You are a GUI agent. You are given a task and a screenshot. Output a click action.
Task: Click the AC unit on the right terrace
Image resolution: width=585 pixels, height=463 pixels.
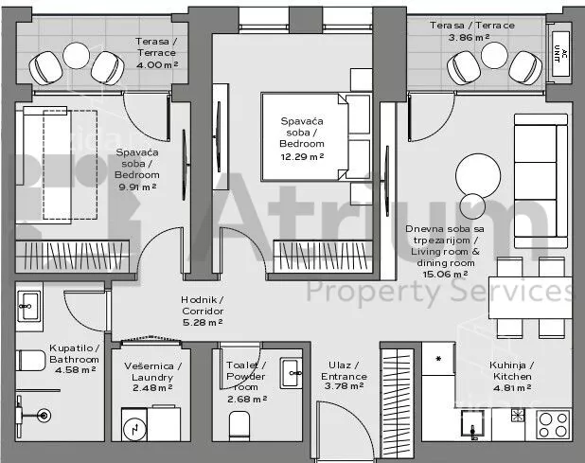[560, 54]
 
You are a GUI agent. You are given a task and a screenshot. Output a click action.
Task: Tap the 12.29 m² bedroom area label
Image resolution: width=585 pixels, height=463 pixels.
[302, 156]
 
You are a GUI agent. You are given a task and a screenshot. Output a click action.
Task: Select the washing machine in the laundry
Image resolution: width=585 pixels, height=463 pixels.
[134, 424]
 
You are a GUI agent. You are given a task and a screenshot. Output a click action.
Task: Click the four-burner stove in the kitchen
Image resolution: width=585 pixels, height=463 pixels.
[553, 424]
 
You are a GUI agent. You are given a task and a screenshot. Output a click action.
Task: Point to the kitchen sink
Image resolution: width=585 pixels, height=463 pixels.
[472, 423]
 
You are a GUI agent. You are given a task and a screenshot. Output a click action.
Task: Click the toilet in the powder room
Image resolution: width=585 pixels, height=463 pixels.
[239, 426]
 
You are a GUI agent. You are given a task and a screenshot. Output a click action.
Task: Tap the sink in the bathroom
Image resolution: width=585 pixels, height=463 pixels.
[29, 307]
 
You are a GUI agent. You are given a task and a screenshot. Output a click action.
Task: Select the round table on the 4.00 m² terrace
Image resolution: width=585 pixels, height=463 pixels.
[76, 56]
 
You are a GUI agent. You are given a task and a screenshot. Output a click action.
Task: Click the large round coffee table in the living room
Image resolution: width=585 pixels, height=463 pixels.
[478, 176]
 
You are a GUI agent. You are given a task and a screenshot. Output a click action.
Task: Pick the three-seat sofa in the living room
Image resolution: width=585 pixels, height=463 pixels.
[541, 181]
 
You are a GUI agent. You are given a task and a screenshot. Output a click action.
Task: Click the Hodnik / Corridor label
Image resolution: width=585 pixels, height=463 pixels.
[203, 305]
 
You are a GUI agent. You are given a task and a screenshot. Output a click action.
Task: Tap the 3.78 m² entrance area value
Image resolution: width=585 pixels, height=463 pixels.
[344, 386]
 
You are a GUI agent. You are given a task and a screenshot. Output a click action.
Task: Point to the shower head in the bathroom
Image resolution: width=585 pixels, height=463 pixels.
[44, 415]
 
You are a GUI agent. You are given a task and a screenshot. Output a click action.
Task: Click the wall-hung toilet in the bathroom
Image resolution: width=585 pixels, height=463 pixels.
[30, 361]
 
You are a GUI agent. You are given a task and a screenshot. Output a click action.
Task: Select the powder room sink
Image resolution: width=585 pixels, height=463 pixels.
[292, 373]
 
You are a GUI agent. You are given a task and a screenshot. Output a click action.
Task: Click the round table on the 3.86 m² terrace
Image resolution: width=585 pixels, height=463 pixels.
[495, 55]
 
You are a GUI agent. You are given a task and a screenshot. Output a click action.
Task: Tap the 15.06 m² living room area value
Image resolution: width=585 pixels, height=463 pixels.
[446, 275]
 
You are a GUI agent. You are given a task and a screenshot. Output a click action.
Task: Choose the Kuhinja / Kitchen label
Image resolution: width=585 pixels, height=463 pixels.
[512, 370]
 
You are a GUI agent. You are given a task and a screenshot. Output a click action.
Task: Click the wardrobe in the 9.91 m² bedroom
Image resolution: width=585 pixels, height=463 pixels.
[72, 256]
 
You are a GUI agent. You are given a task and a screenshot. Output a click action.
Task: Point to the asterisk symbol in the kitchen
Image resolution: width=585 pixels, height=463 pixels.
[439, 359]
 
